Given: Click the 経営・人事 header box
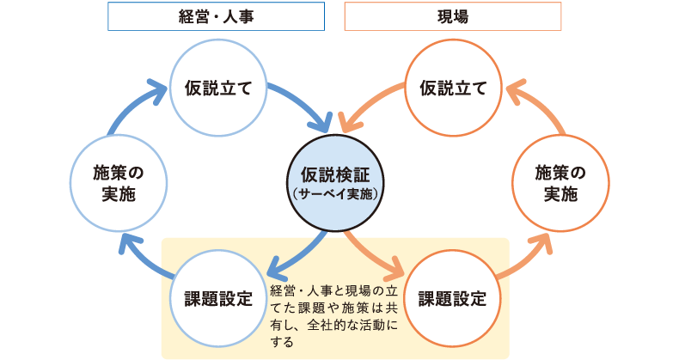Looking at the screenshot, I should (216, 16).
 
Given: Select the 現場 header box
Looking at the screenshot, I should (452, 16).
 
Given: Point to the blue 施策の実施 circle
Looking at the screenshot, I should (117, 183).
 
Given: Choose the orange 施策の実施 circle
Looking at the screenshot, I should (560, 183).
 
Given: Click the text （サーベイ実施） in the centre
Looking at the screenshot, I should (335, 195).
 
